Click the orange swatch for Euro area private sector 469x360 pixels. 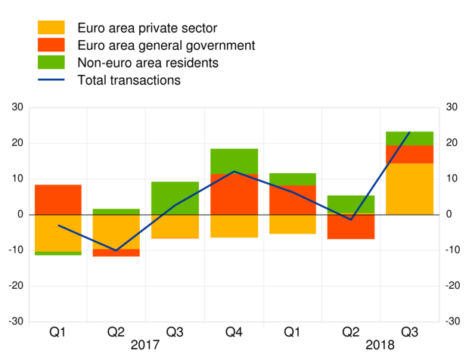pos(51,28)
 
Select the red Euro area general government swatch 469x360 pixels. pos(51,45)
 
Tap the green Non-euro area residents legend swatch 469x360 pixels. pos(51,62)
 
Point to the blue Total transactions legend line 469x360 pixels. pos(51,79)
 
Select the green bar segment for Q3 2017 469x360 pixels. pos(175,198)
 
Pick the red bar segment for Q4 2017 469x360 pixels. pos(234,194)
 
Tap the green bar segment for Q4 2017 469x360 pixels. pos(234,161)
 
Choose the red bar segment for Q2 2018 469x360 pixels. pos(351,227)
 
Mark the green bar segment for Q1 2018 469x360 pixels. pos(292,179)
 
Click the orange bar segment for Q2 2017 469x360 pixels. pos(116,231)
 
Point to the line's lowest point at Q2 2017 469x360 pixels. pos(116,250)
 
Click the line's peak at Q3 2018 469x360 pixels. pos(409,132)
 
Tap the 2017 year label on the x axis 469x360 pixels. pos(145,345)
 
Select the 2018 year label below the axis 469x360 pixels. pos(380,345)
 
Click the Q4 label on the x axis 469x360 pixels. pos(234,331)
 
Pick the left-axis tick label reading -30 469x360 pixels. pos(15,321)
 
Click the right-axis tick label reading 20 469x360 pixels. pos(452,143)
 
